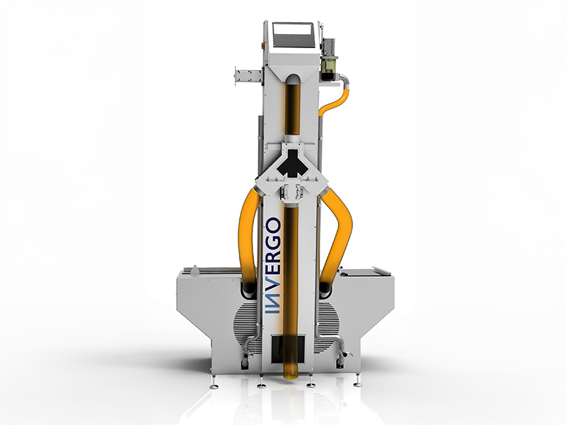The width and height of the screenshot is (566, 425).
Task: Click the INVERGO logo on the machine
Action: (x=272, y=266)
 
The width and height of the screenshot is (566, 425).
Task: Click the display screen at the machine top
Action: (x=292, y=35)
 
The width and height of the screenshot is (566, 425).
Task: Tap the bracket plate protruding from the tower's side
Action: (x=248, y=76)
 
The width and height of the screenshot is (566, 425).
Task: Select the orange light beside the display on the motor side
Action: (x=320, y=46)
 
